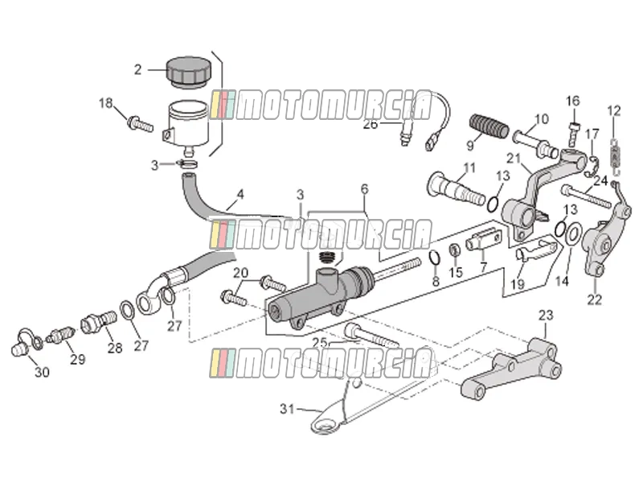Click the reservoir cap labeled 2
[x=188, y=72]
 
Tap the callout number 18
[x=106, y=103]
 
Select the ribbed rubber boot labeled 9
[x=489, y=126]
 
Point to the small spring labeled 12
[x=614, y=156]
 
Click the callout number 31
[x=288, y=409]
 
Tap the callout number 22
[x=594, y=299]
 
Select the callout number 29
[x=78, y=359]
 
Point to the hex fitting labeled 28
[x=99, y=321]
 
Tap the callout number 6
[x=365, y=189]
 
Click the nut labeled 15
[x=454, y=250]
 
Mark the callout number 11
[x=469, y=167]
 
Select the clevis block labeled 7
[x=484, y=239]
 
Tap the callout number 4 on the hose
[x=240, y=194]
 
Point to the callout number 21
[x=514, y=158]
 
